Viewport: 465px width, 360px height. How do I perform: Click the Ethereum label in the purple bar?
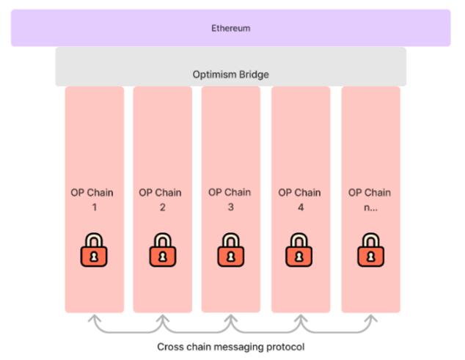click(x=231, y=28)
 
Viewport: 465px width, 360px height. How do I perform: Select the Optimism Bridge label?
click(x=231, y=74)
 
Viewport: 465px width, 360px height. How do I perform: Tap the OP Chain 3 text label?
click(x=230, y=199)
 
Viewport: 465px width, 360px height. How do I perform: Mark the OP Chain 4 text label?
click(x=299, y=199)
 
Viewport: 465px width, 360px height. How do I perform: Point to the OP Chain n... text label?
click(x=370, y=199)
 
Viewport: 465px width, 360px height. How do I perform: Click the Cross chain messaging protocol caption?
click(x=231, y=346)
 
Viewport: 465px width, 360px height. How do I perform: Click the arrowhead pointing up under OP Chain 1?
click(x=94, y=319)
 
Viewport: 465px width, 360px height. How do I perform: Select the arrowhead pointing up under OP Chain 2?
click(x=163, y=319)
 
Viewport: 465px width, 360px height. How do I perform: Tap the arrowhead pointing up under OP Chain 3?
click(x=231, y=319)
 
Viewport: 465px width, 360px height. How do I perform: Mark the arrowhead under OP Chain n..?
click(x=370, y=319)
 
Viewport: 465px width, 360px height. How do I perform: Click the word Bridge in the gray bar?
click(x=254, y=74)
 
